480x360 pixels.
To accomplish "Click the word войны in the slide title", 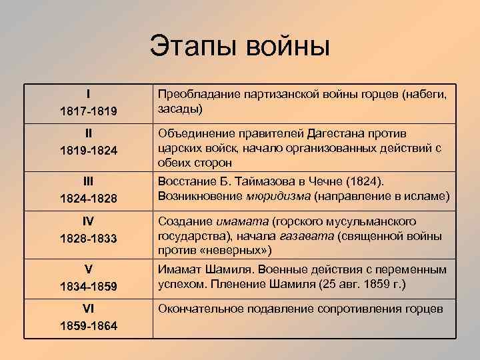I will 288,46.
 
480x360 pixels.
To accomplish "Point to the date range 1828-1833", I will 89,238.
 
